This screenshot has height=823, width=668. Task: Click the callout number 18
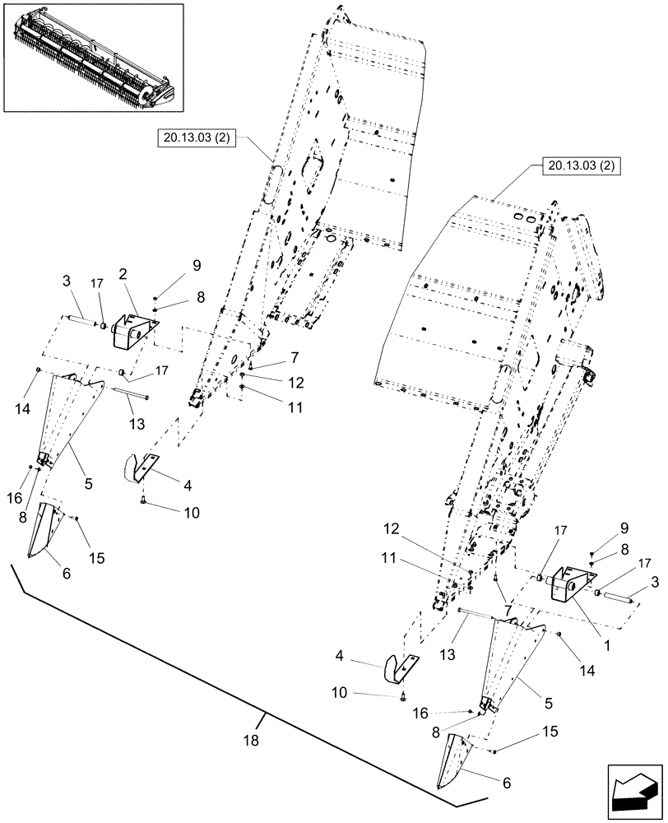[x=251, y=740]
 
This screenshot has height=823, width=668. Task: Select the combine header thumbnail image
[x=93, y=57]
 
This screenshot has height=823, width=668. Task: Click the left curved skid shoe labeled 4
[x=142, y=468]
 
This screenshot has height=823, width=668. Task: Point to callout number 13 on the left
[x=137, y=424]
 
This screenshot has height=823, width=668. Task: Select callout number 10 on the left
[x=191, y=512]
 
